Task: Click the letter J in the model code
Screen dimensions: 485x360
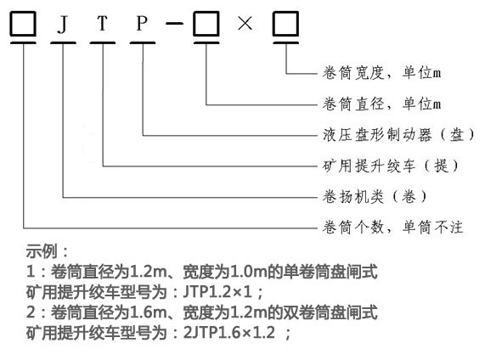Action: (63, 24)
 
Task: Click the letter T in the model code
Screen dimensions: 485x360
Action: (103, 23)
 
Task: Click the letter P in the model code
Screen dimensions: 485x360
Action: (142, 23)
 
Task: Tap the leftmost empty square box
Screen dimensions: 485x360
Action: (23, 24)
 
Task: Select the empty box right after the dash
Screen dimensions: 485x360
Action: (206, 24)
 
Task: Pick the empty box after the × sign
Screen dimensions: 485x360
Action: (285, 24)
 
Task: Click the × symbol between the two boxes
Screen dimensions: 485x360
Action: (245, 23)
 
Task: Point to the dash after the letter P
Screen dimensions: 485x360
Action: (174, 23)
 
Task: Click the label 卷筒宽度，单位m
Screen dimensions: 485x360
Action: (381, 73)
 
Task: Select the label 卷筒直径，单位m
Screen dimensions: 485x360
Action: (381, 104)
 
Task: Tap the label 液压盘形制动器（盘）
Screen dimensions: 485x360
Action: (398, 135)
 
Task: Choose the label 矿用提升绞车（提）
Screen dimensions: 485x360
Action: (391, 166)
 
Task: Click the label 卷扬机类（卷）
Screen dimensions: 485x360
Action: (375, 197)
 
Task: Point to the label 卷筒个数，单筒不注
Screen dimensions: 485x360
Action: (392, 228)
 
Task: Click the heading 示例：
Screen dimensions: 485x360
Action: (47, 251)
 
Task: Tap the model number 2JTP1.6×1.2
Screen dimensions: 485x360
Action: (229, 333)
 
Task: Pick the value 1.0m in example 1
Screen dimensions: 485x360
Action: (249, 272)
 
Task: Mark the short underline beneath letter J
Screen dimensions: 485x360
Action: (63, 42)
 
